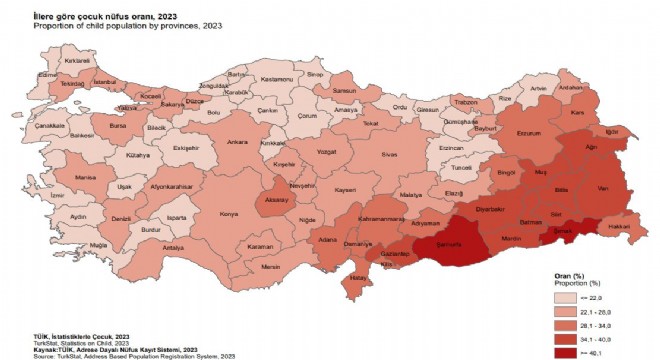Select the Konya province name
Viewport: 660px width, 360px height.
coord(230,214)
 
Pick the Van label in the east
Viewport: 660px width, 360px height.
coord(602,189)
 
